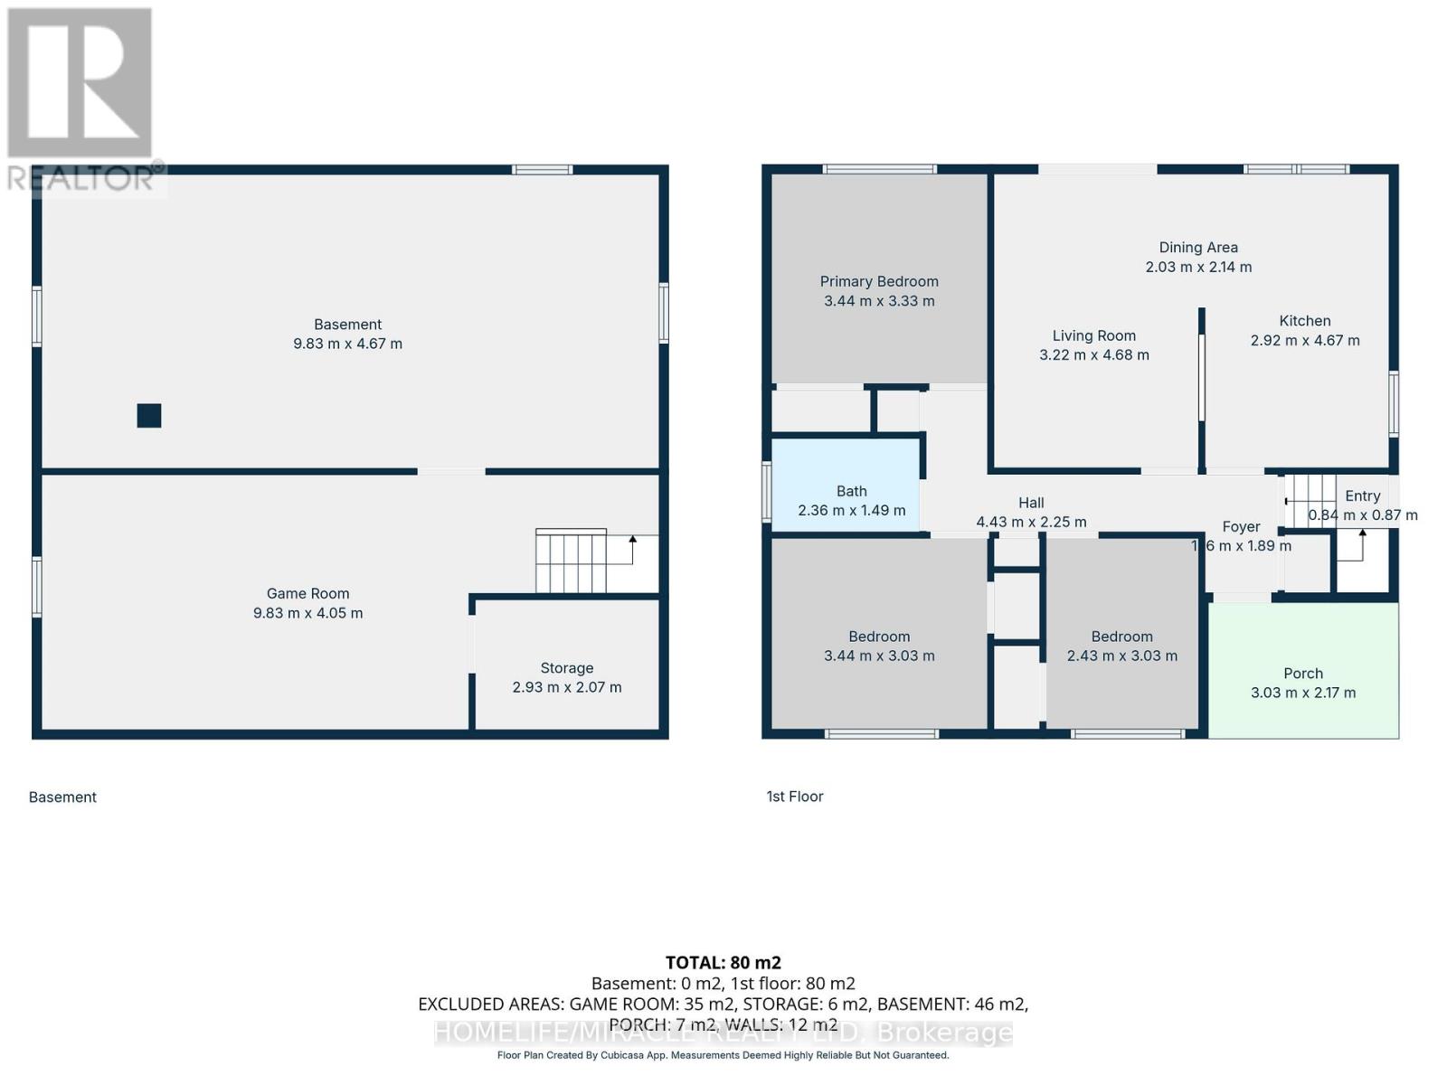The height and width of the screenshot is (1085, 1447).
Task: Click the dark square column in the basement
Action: tap(149, 415)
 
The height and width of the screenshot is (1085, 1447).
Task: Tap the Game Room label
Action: tap(307, 593)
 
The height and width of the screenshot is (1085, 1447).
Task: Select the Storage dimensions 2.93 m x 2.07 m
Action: tap(567, 687)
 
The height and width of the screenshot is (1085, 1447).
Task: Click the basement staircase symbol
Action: tap(571, 561)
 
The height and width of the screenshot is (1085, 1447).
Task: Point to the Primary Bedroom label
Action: tap(879, 281)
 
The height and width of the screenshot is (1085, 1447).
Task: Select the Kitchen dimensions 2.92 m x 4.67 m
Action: tap(1305, 341)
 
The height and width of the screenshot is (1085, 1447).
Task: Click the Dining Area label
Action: tap(1198, 247)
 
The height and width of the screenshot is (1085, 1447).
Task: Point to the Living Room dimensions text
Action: tap(1094, 355)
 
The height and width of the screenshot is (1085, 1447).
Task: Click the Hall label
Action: tap(1031, 503)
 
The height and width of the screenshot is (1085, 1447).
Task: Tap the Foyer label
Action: tap(1241, 526)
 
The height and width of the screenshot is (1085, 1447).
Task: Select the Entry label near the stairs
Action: tap(1362, 495)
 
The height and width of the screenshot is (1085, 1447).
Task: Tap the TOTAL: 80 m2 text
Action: tap(723, 963)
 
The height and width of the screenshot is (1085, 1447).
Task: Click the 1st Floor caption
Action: tap(795, 797)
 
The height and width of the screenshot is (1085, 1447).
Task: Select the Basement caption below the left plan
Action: tap(62, 797)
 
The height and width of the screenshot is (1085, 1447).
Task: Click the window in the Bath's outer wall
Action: tap(767, 492)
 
